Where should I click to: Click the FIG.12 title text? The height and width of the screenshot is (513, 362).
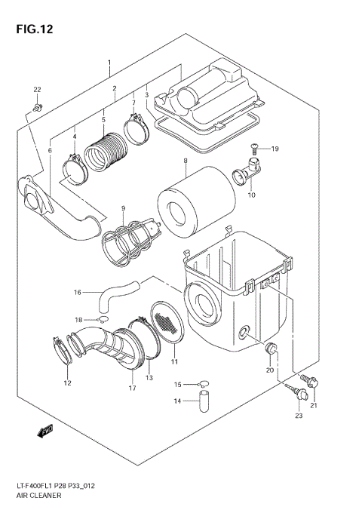[x=31, y=29]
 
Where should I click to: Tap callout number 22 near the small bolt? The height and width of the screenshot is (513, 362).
[x=37, y=91]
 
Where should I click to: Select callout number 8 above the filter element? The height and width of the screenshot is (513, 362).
[x=184, y=161]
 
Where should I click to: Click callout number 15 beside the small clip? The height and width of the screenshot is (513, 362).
[x=178, y=384]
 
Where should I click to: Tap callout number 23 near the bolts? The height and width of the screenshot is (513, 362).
[x=298, y=416]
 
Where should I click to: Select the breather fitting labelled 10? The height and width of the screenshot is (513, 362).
[x=247, y=177]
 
